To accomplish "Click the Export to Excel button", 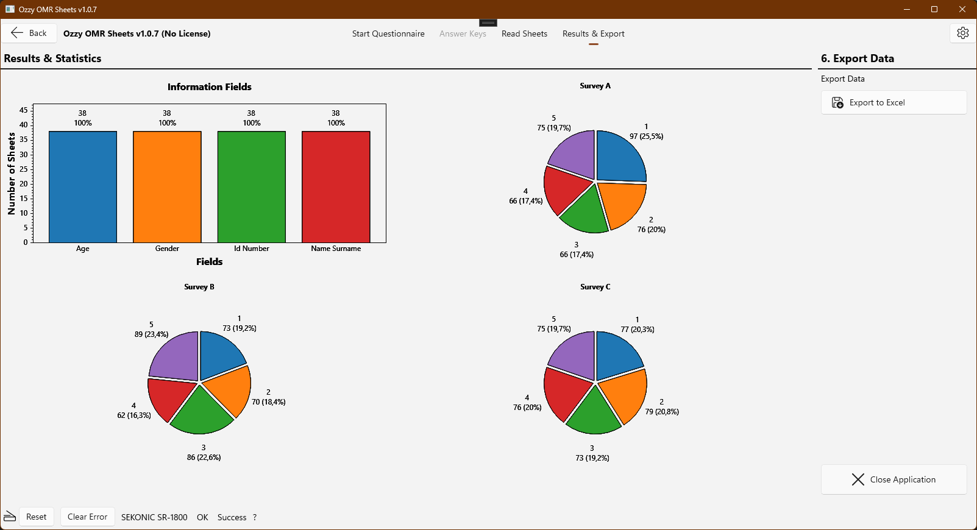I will [x=893, y=102].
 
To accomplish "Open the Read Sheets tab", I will [x=524, y=34].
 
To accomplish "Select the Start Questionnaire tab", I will [x=388, y=34].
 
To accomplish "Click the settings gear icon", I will [x=963, y=33].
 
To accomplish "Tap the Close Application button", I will [x=893, y=479].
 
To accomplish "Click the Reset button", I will [x=36, y=517].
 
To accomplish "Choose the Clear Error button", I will [x=87, y=517].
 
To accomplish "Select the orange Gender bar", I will [x=167, y=187].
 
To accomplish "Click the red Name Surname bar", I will [x=336, y=187].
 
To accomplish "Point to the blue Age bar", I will [x=83, y=187].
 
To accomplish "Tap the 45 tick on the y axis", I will [x=23, y=110].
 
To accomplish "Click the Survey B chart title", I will [x=199, y=287].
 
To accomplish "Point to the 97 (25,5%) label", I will [x=646, y=136].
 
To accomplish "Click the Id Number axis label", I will [x=251, y=249].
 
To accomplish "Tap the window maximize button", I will [x=934, y=9].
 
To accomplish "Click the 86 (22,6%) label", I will [x=204, y=458].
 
